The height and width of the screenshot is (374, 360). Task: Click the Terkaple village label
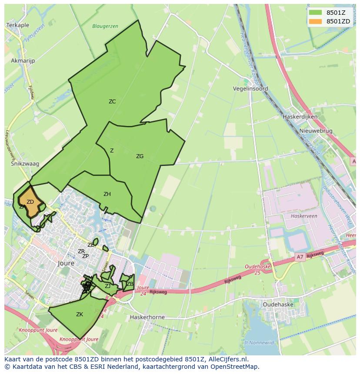pos(17,26)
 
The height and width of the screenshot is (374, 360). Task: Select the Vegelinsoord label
pos(250,89)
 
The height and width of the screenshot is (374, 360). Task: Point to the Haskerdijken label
pos(300,117)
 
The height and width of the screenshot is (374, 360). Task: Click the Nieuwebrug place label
pos(316,131)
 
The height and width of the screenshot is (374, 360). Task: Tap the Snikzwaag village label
pos(25,164)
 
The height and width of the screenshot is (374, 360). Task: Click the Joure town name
pos(66,263)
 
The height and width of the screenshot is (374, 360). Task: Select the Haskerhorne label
pos(147,317)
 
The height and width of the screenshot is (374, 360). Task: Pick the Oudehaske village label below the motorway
pos(278,304)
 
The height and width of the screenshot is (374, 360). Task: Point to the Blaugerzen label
pos(105,26)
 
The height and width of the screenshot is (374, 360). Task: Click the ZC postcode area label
pos(112,102)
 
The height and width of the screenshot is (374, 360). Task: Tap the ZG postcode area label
pos(140,156)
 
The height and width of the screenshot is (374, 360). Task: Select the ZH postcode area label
pos(107,194)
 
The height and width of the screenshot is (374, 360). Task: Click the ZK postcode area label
pos(80,314)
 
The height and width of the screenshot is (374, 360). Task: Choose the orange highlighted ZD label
pos(30,202)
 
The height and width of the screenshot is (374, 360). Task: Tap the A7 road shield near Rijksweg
pos(300,257)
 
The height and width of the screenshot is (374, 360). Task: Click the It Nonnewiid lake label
pos(259,343)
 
